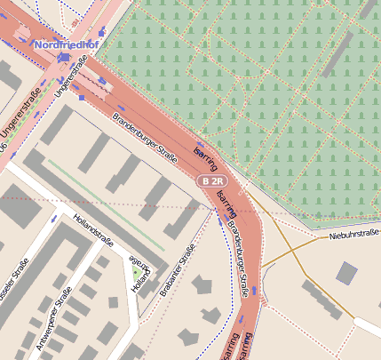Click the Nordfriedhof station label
(x=64, y=43)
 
